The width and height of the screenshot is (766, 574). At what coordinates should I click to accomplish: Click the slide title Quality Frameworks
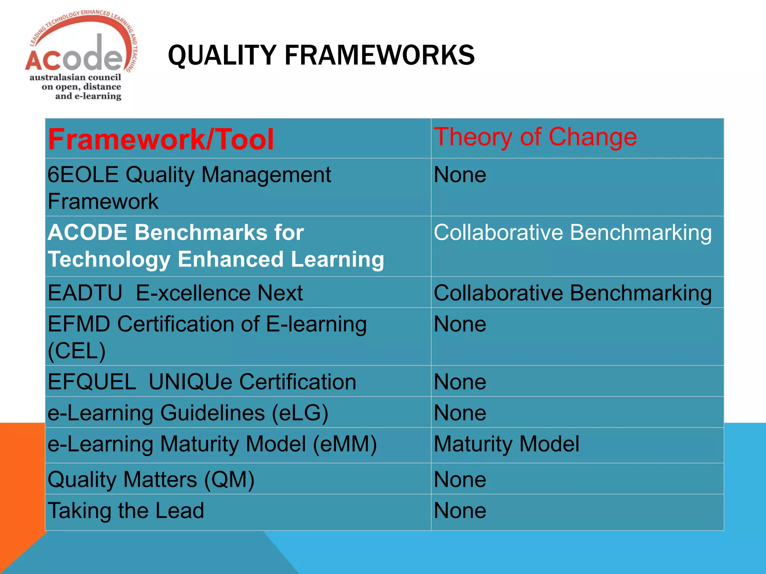click(321, 55)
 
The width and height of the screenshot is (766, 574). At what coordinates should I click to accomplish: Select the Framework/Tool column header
click(161, 139)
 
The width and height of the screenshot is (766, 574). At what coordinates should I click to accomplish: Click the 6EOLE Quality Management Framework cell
click(189, 188)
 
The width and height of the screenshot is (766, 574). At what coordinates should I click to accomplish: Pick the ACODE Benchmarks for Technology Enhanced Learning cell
click(215, 246)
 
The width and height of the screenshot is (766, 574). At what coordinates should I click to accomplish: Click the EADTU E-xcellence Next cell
click(175, 293)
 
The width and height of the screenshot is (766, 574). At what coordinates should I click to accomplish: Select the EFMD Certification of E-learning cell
click(207, 337)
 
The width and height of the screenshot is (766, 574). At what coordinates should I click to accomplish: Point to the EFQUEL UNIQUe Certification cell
click(202, 382)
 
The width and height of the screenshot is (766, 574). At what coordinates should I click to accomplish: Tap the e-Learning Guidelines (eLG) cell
click(188, 413)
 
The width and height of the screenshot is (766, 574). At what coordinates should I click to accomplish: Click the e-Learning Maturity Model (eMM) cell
click(212, 444)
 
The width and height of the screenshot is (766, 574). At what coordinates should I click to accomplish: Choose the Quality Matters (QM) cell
click(151, 479)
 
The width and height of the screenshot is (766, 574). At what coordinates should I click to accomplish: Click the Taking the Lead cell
click(126, 510)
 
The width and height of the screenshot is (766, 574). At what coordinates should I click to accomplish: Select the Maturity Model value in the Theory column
click(506, 444)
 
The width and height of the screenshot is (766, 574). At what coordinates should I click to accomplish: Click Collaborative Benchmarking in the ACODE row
click(572, 232)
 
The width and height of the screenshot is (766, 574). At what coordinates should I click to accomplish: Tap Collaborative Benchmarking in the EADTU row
click(572, 293)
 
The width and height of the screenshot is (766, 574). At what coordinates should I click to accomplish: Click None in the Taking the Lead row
click(460, 510)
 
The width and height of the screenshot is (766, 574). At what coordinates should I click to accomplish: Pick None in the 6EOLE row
click(460, 175)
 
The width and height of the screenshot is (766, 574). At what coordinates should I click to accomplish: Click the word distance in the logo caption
click(102, 87)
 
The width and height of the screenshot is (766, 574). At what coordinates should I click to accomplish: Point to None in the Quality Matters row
click(460, 479)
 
